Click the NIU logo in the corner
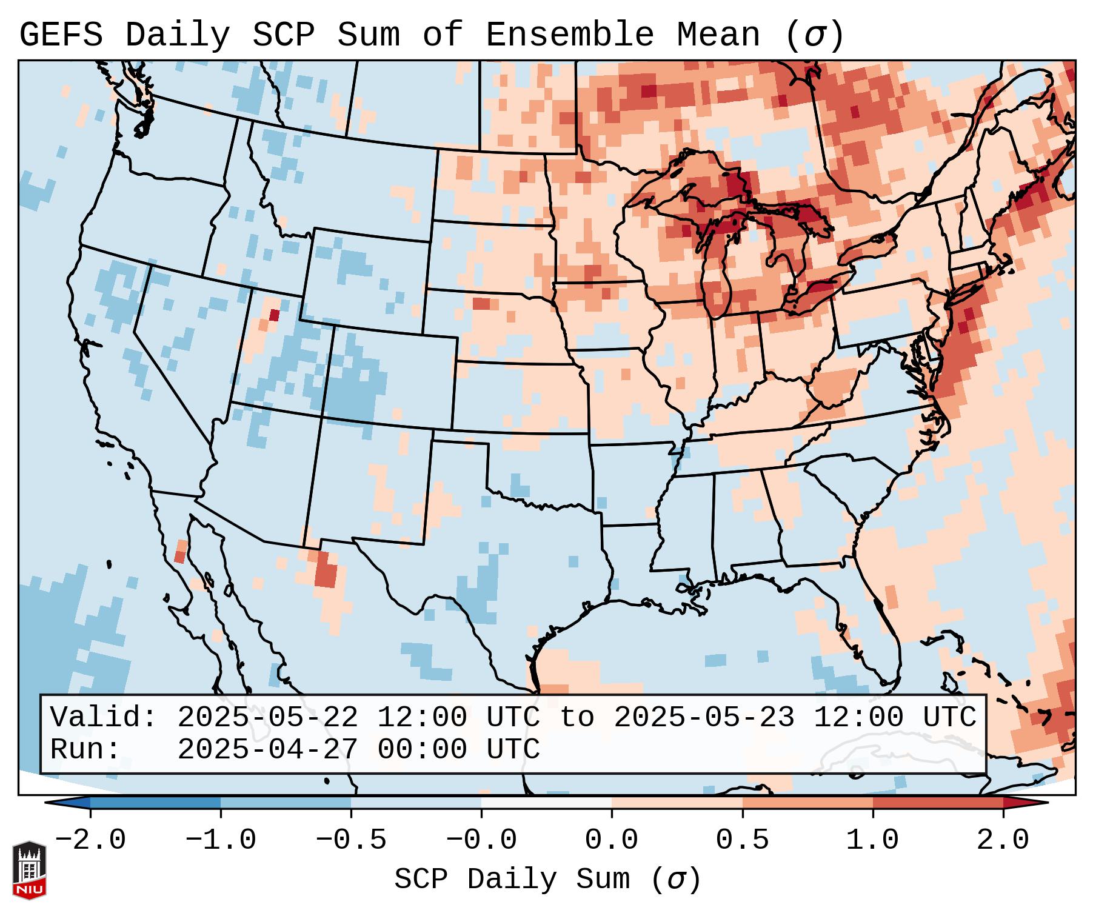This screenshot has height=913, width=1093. point(29,871)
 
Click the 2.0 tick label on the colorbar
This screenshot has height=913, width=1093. point(1003,840)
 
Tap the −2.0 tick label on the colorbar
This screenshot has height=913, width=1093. point(90,840)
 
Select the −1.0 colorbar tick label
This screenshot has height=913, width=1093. point(221,840)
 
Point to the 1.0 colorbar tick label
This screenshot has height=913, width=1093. point(873,840)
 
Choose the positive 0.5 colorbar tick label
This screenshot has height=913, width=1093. point(743,840)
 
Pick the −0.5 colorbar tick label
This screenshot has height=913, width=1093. point(351,840)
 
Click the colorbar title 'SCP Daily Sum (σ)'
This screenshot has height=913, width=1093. point(547,880)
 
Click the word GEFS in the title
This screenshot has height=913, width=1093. point(61,35)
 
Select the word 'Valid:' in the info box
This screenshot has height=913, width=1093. point(104,718)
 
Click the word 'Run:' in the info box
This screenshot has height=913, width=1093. point(86,750)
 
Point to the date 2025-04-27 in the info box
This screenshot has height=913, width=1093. point(267,750)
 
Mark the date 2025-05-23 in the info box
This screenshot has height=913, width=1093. point(704,718)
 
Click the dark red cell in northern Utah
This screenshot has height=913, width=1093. point(274,315)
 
